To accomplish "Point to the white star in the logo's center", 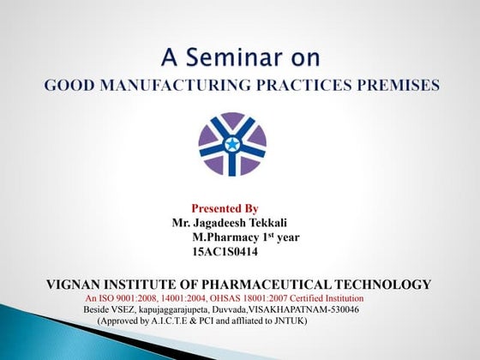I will (232, 142).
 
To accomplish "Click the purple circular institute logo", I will (232, 143).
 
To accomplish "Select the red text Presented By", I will (225, 208).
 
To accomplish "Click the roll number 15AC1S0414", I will (225, 252).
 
